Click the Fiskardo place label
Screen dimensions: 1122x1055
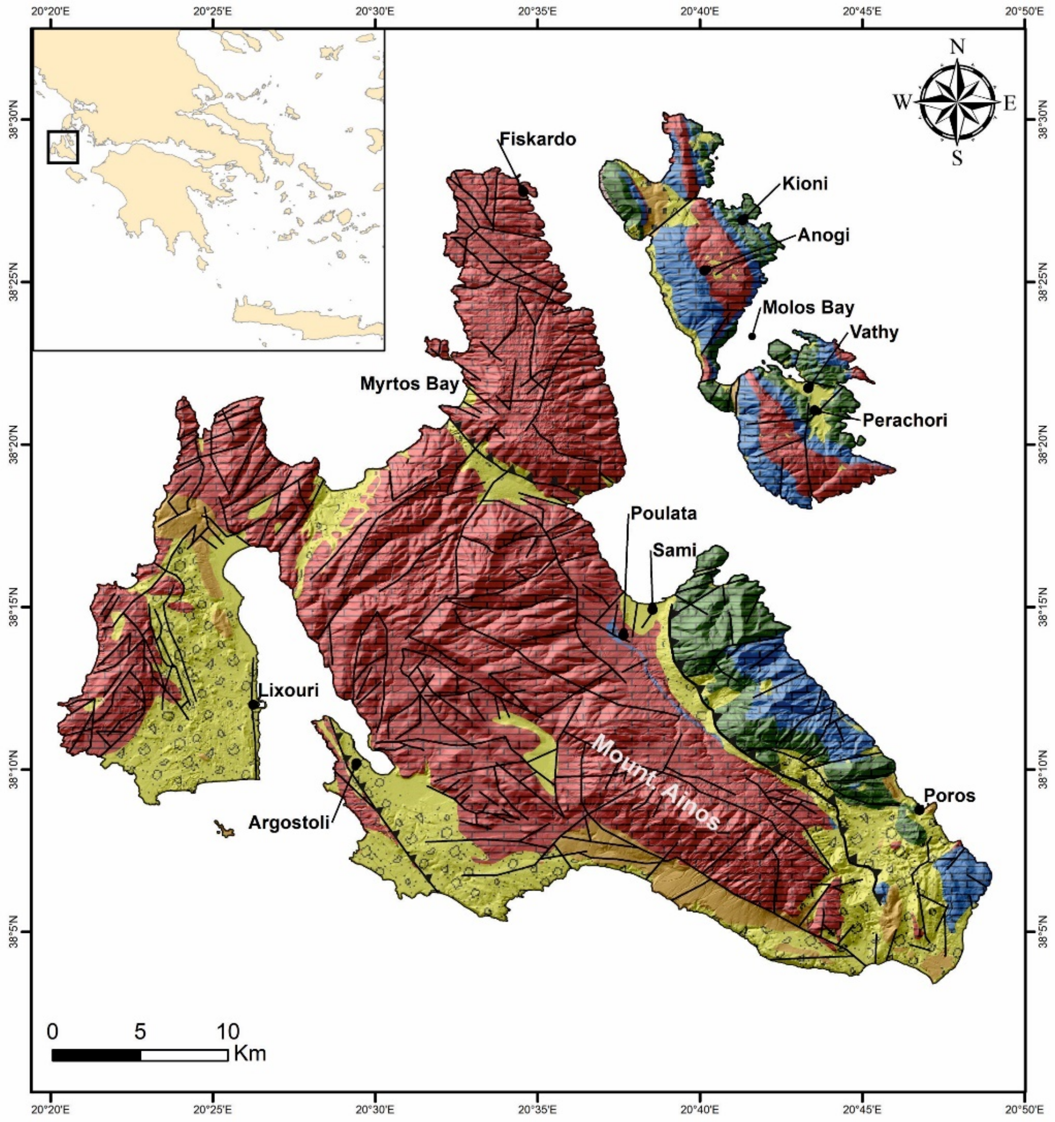coord(538,139)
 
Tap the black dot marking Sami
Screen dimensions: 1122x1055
coord(652,609)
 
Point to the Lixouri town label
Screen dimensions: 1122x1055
coord(288,690)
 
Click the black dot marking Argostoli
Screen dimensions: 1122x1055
coord(356,763)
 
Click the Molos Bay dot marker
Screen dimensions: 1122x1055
coord(752,336)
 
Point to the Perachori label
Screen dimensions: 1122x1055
coord(905,420)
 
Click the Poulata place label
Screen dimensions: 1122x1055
coord(664,513)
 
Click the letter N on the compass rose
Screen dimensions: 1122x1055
coord(957,47)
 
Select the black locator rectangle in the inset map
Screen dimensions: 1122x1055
coord(62,147)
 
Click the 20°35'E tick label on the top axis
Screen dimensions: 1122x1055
coord(538,10)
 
